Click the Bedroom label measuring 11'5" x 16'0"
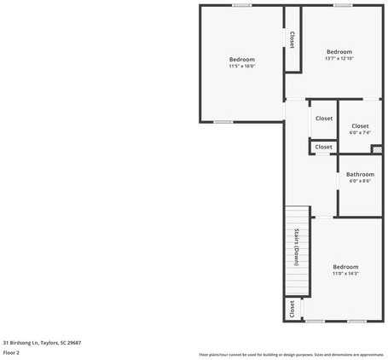242,59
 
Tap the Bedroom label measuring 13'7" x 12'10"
339,51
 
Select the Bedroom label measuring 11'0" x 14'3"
345,266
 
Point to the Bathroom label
360,174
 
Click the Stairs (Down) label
296,247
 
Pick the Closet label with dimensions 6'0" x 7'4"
360,126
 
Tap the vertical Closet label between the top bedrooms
292,39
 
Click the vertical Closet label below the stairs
292,308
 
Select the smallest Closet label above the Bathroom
324,147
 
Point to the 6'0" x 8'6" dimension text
360,181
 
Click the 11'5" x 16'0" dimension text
242,66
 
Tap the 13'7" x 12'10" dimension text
339,58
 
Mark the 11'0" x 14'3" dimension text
345,273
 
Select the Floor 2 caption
11,351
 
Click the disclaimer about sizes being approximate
291,354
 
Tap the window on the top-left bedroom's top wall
242,5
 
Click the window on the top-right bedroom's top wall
343,5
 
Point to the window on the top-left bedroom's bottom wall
223,122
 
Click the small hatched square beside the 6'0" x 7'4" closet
377,149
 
